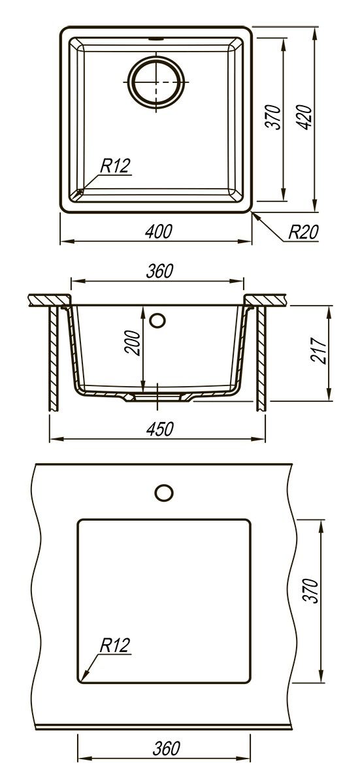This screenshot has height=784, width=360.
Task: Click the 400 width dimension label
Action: coord(159,232)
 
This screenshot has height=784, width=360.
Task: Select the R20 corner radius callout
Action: coord(303,232)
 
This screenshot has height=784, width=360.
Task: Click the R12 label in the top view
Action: coord(115,165)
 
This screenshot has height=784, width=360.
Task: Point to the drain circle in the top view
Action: coord(155,82)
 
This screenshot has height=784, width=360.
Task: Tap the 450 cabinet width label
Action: coord(160,429)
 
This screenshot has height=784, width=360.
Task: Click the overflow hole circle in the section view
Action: coord(157,320)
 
